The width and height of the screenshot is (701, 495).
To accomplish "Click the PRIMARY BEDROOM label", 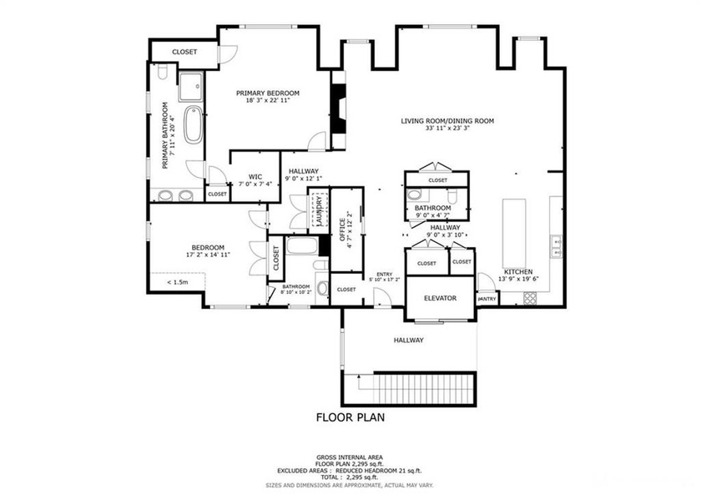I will coord(267,93).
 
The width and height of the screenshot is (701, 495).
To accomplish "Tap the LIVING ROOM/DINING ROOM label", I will coord(447,121).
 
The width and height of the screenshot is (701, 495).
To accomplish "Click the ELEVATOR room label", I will coord(440,298).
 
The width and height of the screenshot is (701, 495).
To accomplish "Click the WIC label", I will coord(245,176).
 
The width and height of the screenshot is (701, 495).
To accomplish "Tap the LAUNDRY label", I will coord(319,211).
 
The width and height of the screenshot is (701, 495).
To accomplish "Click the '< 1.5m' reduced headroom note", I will coord(176,282).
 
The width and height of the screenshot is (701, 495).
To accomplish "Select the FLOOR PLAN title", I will coord(350,417).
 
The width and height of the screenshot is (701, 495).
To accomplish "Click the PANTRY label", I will coord(487,298).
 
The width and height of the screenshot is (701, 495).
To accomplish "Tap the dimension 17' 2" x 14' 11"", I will coord(207,255).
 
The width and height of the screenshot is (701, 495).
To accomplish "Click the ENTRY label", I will coord(384,274).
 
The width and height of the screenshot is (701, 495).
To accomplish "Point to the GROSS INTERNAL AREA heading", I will coord(350,457).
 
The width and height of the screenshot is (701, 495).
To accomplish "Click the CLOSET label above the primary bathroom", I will coord(184,52).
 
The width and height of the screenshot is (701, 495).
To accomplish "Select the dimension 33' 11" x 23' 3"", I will coord(447,129).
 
